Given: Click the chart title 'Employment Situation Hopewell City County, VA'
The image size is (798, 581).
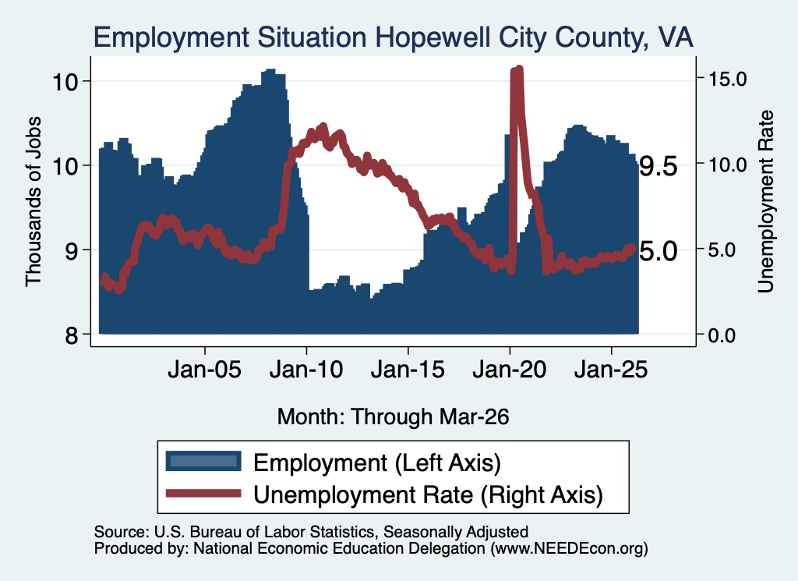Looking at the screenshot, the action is (393, 38).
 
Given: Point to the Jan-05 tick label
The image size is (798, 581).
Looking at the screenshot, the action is (205, 370).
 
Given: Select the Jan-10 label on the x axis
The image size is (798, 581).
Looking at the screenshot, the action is (306, 370).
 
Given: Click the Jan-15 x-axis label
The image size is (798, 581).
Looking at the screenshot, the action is (408, 370).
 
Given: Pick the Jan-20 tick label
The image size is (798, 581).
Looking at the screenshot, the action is (510, 370).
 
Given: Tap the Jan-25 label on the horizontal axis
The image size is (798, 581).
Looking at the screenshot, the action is (611, 370).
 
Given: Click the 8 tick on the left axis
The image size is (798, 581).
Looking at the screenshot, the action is (72, 335).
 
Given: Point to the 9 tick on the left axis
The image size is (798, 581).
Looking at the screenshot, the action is (72, 250).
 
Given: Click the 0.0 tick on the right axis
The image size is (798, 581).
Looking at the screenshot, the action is (722, 335).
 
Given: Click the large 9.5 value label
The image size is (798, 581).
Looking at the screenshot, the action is (659, 166).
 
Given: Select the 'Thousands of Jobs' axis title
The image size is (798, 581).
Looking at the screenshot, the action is (33, 201).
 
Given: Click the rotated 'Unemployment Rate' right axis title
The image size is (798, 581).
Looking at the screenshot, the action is (766, 202).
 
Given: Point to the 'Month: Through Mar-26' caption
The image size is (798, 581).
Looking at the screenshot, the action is (393, 416).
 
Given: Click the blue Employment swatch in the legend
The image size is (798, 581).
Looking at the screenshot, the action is (203, 462).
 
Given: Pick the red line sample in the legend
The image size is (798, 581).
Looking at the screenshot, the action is (203, 493).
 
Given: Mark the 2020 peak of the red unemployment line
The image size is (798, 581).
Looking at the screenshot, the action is (519, 69).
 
